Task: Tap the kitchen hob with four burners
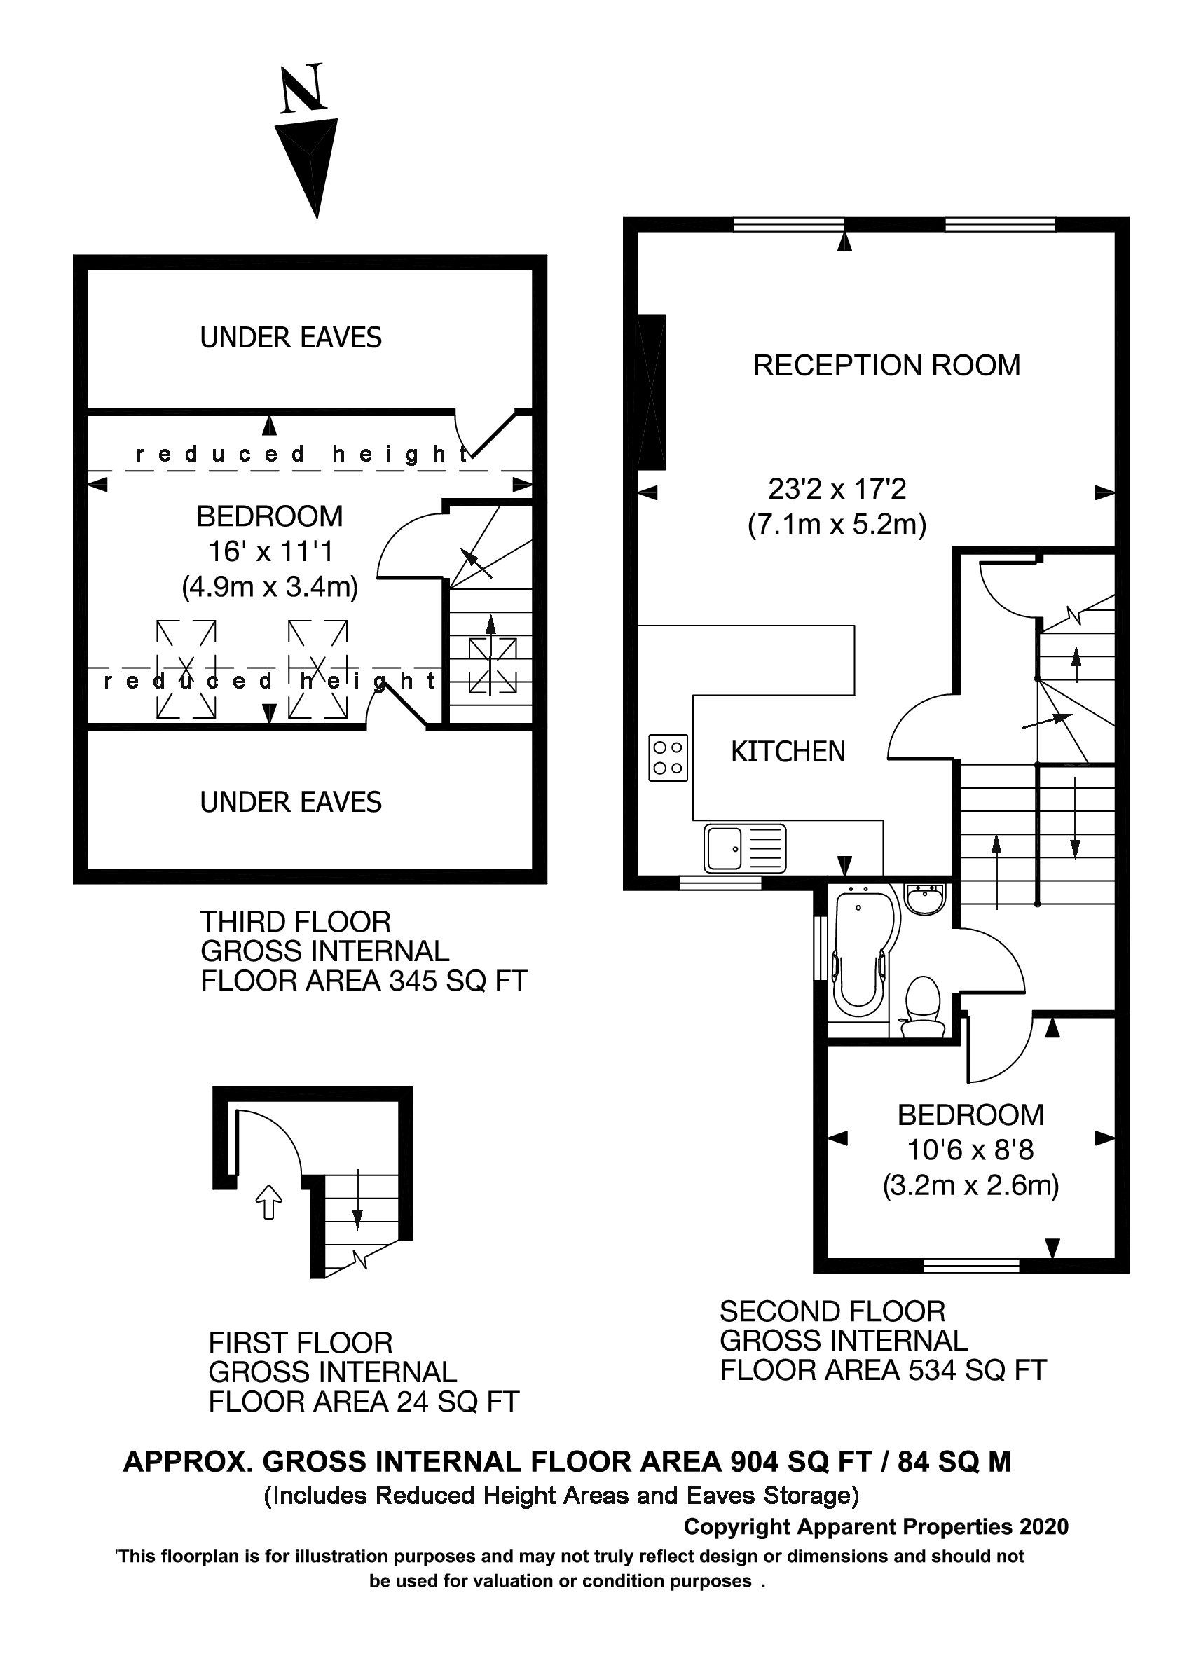point(668,757)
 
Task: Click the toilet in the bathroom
point(922,1006)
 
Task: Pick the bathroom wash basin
point(925,897)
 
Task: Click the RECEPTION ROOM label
point(886,365)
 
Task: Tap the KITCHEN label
point(788,752)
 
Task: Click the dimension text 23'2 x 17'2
point(837,489)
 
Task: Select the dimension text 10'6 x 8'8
point(970,1150)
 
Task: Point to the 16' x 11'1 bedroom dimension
point(270,551)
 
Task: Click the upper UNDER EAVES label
point(290,338)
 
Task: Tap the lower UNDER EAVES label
point(290,802)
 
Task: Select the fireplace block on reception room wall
point(652,392)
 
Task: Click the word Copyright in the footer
point(738,1526)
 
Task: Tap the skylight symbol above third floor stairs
point(492,665)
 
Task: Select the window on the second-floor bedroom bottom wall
point(970,1267)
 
